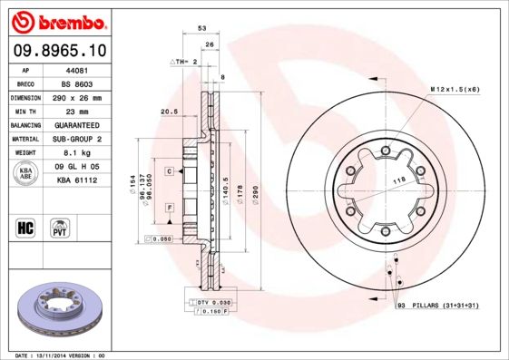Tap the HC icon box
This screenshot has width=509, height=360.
pos(26,227)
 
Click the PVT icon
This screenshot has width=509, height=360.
pos(59,227)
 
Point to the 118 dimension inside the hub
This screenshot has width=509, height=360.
pos(396,181)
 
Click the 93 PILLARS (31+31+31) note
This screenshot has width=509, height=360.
pos(436,307)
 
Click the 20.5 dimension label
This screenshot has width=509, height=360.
pos(168,112)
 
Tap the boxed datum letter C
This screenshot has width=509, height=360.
pos(169,170)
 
